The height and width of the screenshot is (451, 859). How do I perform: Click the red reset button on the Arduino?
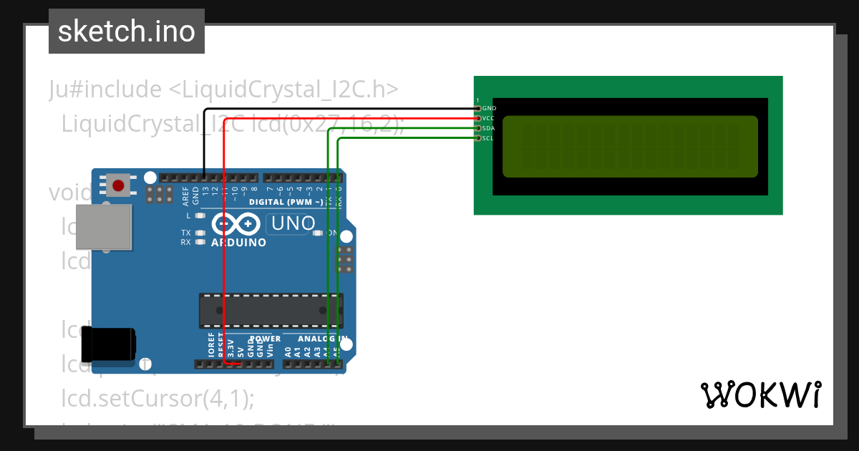[118, 185]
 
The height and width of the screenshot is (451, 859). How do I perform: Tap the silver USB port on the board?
[104, 228]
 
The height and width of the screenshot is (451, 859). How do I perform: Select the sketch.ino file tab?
[127, 31]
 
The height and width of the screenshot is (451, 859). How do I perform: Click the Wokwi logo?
[760, 394]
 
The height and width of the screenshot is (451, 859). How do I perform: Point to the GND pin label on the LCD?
[490, 108]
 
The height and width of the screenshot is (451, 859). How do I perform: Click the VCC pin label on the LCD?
[489, 118]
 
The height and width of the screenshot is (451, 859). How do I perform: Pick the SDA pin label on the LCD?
[489, 128]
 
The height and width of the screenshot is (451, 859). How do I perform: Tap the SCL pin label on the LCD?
[488, 138]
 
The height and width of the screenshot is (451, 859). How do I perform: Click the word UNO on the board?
[291, 224]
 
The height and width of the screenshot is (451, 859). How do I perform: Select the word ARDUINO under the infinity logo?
[238, 243]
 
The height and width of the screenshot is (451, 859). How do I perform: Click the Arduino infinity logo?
[236, 225]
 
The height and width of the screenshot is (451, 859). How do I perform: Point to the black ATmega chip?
[271, 310]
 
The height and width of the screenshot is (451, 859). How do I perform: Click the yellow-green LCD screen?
[629, 146]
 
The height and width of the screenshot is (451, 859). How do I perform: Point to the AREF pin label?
[186, 195]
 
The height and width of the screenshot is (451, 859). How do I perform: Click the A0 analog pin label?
[288, 351]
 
